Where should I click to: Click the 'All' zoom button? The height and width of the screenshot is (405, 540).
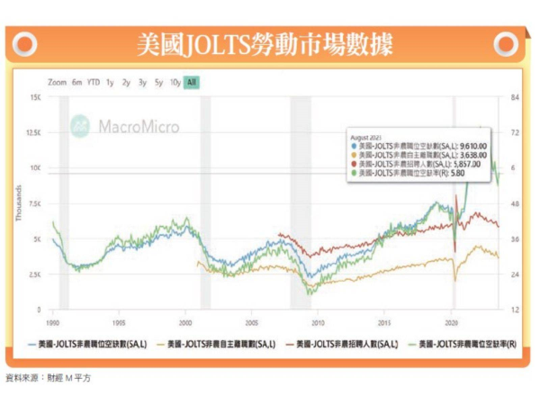point(192,83)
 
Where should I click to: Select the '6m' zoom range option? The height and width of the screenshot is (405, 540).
point(76,83)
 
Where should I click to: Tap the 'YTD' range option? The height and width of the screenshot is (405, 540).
point(93,83)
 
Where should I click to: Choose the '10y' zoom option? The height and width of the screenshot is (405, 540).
point(175,83)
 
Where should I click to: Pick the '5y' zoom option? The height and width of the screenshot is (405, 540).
point(158,83)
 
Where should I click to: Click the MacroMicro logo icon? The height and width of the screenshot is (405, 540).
point(82,125)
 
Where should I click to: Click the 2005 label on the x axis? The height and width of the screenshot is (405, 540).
point(251,321)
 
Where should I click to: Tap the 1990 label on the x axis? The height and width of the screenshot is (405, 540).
point(53,321)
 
